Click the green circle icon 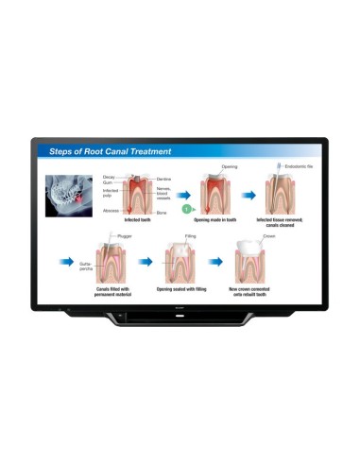[187, 205]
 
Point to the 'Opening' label [229, 166]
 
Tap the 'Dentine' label [163, 177]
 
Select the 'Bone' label [162, 214]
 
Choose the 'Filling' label [189, 235]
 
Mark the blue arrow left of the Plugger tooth [66, 256]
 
